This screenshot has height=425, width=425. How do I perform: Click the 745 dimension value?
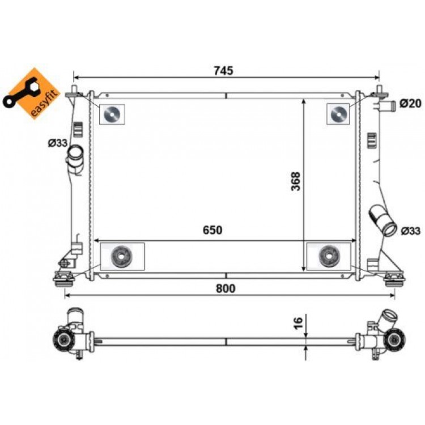point(223,70)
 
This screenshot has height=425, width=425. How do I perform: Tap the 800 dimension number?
point(226,288)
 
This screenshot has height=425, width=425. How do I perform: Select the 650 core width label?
point(212,230)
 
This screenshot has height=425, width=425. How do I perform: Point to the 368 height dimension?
point(295,181)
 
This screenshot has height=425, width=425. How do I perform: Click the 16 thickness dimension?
point(298,323)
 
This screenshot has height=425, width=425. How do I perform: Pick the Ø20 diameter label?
point(410,103)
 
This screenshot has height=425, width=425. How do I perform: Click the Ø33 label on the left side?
point(57,143)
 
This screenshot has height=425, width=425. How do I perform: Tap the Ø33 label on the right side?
point(411,231)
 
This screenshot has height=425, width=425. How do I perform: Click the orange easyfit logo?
point(31,93)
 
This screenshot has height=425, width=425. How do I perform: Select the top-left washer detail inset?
point(112,114)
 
